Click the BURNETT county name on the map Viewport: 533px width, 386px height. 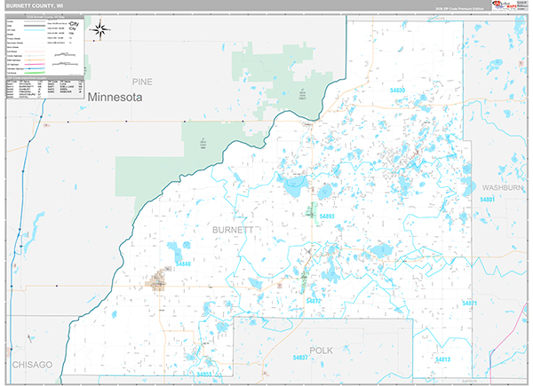[x=233, y=230]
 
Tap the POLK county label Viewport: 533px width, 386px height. [x=321, y=351]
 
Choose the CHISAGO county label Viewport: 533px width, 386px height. [x=31, y=365]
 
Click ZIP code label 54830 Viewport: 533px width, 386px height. [x=397, y=91]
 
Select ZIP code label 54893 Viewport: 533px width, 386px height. [x=326, y=217]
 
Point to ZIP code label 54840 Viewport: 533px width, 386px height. [x=184, y=264]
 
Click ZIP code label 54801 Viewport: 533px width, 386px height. [x=488, y=201]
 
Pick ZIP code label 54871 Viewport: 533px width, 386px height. [x=469, y=303]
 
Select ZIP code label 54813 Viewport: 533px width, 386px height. [x=442, y=359]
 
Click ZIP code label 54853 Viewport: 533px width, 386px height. [x=204, y=374]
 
